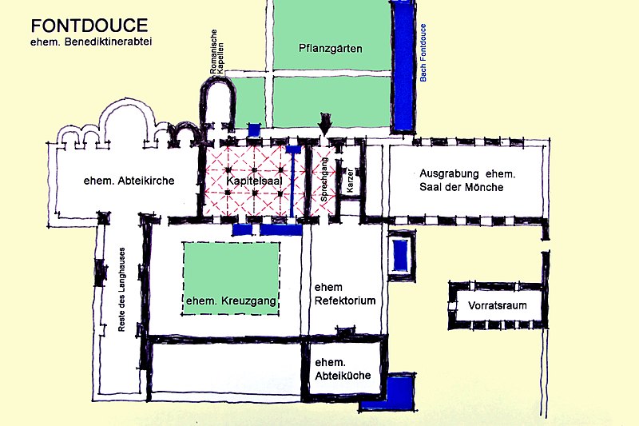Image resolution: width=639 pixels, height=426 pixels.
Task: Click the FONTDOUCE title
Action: point(89,26)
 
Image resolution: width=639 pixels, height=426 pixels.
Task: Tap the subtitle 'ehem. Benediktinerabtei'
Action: point(91,42)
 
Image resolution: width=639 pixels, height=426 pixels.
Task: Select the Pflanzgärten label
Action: point(331,49)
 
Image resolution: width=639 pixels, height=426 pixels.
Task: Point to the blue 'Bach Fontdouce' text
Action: point(423,53)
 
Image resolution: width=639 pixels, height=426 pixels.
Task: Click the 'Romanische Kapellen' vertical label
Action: point(216,52)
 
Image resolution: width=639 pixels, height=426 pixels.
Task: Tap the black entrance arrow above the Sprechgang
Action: point(325,124)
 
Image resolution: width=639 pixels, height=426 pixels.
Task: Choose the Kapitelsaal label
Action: point(254,181)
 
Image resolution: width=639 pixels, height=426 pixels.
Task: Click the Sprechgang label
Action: point(324,180)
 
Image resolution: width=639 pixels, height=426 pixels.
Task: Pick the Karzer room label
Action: point(350,180)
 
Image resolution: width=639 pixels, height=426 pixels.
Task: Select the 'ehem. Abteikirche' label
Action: point(129,181)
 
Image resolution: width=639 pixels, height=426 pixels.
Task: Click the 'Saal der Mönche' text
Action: point(462,187)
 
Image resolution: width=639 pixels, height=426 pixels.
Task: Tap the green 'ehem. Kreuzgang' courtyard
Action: point(231,278)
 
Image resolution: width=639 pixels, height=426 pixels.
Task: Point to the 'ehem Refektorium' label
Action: point(345,294)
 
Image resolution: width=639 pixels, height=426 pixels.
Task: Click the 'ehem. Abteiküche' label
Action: point(343,369)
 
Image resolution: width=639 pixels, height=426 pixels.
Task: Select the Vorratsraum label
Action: point(497,305)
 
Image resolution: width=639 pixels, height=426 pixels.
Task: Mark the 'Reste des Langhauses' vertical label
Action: point(121,289)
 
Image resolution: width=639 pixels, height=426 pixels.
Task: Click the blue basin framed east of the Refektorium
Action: point(400,256)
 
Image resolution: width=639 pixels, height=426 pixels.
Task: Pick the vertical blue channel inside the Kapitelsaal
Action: point(292,182)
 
